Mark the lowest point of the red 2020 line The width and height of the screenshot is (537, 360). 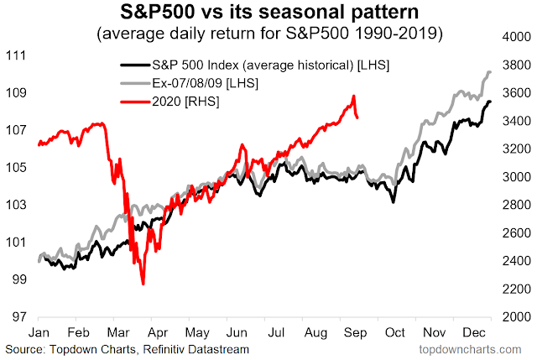143,284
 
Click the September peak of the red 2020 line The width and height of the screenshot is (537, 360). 354,96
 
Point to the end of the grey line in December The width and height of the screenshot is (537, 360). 490,72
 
